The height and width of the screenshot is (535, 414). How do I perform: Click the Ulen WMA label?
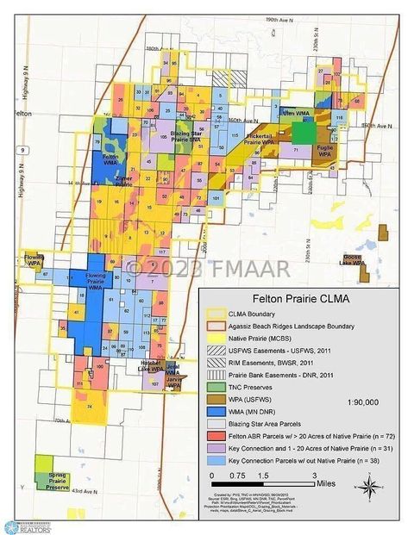pos(292,112)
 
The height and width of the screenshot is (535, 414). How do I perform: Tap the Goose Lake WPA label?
pos(375,259)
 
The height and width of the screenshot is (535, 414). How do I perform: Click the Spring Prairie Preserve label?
pos(58,481)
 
